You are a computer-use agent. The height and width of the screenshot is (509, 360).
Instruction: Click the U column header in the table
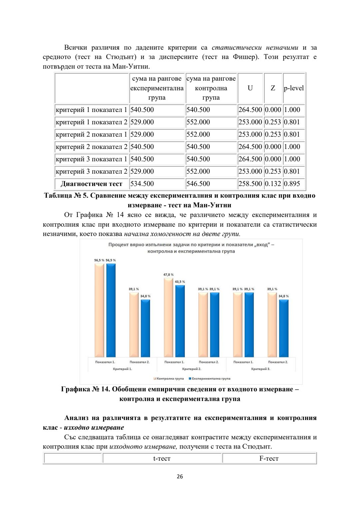tap(250, 88)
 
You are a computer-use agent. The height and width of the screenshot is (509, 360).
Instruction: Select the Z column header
tap(273, 88)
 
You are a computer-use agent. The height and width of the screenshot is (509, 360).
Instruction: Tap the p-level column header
tap(294, 88)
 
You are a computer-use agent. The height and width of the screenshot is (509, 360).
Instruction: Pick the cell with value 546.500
tap(198, 184)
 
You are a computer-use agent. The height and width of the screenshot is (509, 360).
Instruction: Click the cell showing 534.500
tap(142, 184)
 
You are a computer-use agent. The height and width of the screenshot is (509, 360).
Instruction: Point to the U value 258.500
tap(250, 184)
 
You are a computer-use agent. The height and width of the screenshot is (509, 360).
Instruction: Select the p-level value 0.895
tap(292, 184)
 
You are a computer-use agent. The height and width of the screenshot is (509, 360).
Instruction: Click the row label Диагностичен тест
tap(91, 184)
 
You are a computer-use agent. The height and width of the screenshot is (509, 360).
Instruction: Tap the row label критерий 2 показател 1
tap(91, 134)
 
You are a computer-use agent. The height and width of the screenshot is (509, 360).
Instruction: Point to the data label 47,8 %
tap(168, 275)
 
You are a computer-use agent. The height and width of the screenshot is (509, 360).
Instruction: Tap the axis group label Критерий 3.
tap(261, 369)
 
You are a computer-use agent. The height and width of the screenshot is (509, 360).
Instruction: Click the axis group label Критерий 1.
tap(122, 369)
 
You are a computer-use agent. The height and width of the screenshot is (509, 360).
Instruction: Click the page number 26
tap(180, 477)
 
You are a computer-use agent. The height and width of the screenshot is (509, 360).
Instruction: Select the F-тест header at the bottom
tap(269, 458)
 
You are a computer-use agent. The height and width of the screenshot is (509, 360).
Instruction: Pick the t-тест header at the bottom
tap(162, 458)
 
